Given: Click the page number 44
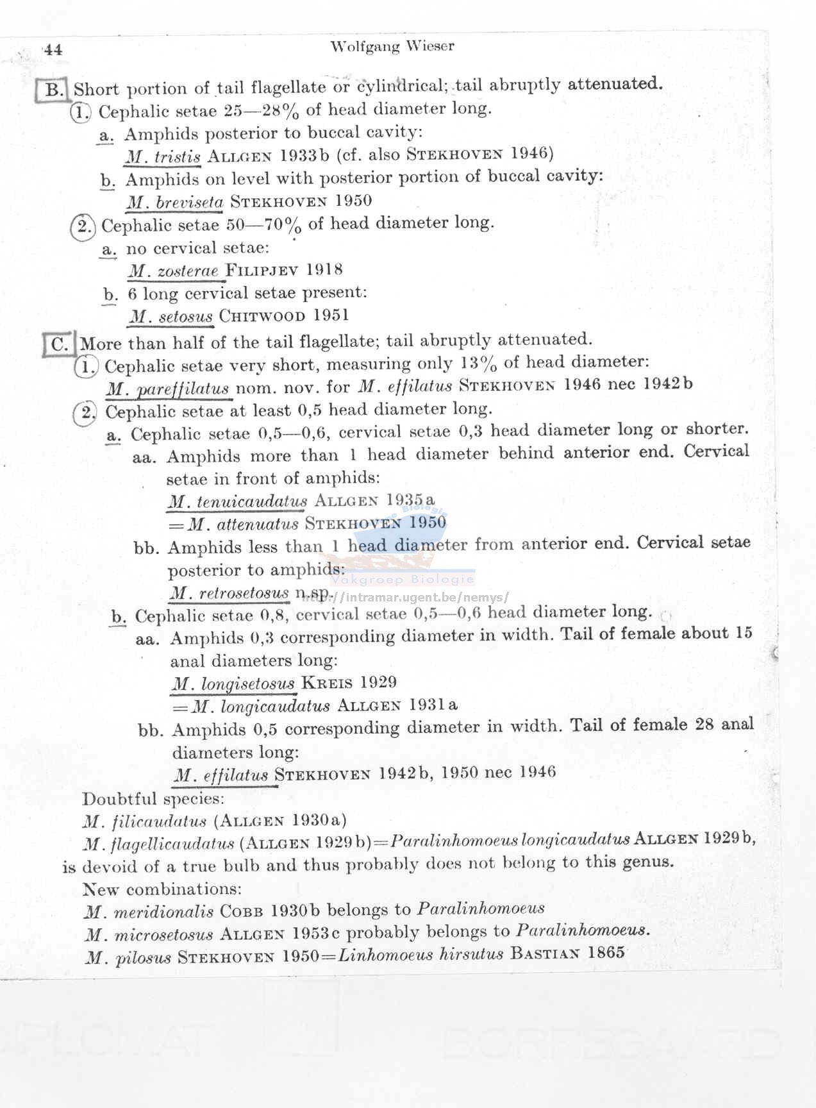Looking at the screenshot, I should pyautogui.click(x=54, y=49).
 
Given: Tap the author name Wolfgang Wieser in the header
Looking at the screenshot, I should pyautogui.click(x=392, y=46).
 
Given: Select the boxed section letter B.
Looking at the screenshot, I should pyautogui.click(x=53, y=89).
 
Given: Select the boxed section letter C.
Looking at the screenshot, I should pyautogui.click(x=60, y=344).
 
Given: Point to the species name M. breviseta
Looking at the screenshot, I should pyautogui.click(x=175, y=203).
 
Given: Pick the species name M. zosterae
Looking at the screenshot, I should pyautogui.click(x=174, y=271).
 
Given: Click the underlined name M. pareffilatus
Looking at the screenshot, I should pyautogui.click(x=168, y=389).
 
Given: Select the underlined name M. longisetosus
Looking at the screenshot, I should pyautogui.click(x=233, y=684).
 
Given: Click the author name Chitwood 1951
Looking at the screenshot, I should pyautogui.click(x=284, y=315).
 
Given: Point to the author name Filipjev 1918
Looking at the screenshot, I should pyautogui.click(x=284, y=270).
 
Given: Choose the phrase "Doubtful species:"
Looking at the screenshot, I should pyautogui.click(x=153, y=799).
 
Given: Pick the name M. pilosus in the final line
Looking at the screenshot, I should pyautogui.click(x=128, y=958).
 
